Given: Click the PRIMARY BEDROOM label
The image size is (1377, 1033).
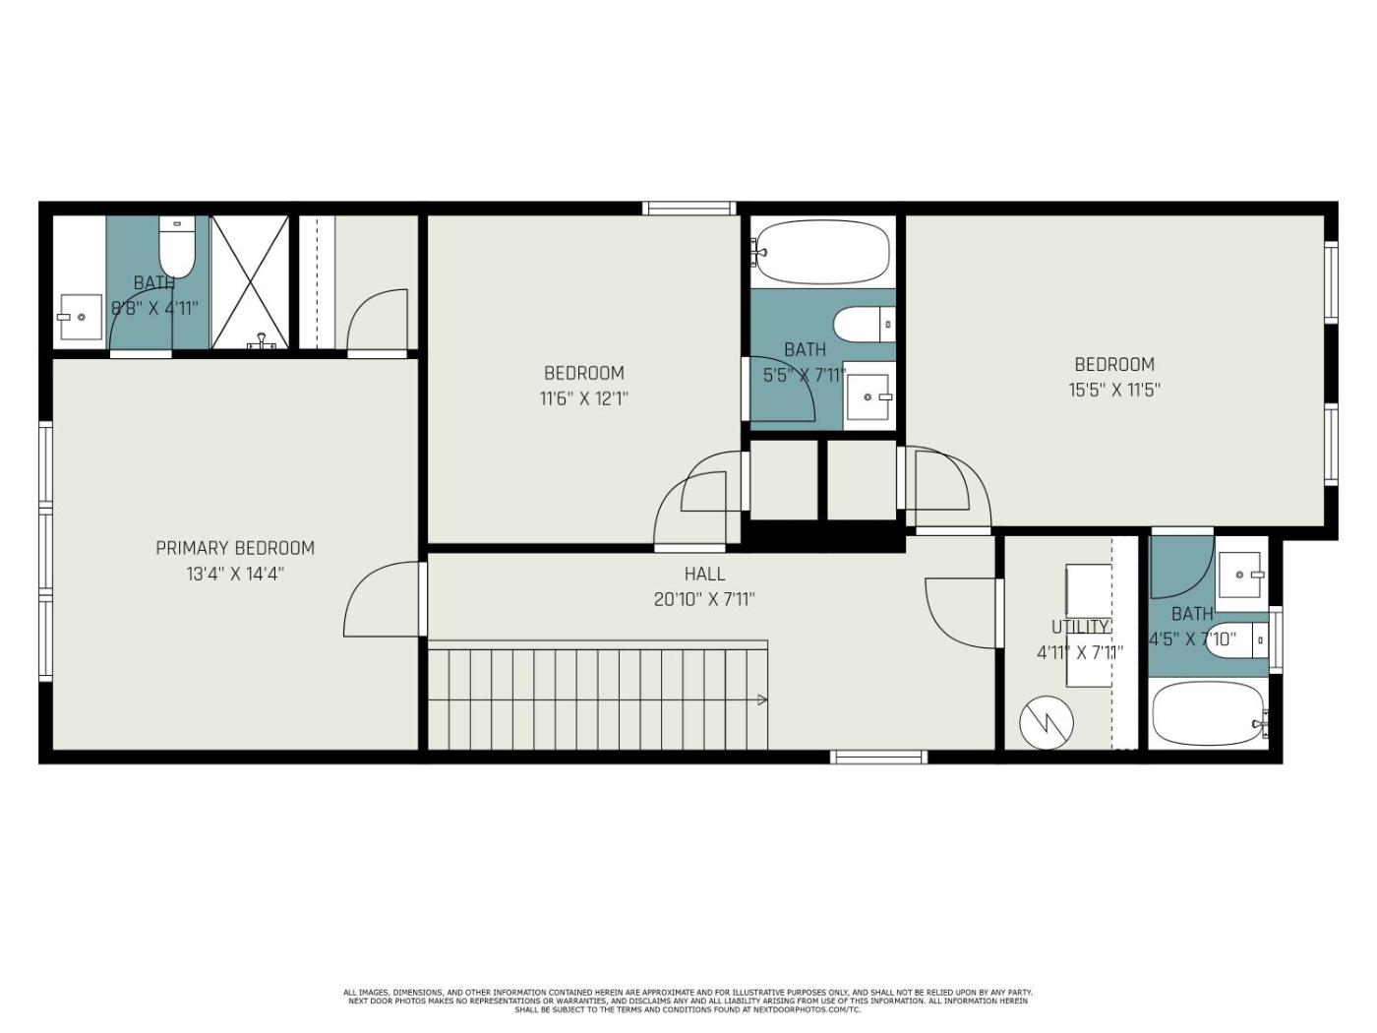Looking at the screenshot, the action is pos(235,548).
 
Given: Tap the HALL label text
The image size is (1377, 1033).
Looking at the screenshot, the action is pos(704,574).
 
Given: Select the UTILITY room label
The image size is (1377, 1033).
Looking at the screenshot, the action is pos(1080,628).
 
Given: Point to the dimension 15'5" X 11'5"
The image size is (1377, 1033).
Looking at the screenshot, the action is pos(1114,391).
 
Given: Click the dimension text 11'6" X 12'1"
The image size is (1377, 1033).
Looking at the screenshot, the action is pos(584,398).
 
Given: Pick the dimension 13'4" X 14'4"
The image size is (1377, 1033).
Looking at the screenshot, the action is pos(235,575).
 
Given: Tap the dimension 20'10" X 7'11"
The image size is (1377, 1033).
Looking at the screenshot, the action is pos(704,600).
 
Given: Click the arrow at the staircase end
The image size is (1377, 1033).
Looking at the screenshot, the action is pos(762,699).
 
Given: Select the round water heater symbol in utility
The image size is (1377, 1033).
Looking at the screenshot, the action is pos(1047,723).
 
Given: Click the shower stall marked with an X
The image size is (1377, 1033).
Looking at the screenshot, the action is pos(250,282).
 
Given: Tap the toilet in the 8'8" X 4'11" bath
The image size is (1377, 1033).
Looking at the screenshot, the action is pos(177,247).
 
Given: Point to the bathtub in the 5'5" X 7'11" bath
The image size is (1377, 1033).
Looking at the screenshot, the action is pos(823,252).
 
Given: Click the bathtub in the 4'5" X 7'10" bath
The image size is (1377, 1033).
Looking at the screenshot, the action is pos(1210,714).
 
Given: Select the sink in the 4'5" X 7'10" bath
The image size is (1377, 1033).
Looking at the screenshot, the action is pos(1240,575).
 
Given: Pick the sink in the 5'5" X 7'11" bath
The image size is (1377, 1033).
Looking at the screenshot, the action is pos(868,397).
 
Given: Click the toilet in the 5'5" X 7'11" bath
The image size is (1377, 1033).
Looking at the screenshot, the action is pos(864,325).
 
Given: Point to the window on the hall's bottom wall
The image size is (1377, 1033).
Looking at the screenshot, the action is pos(879,757).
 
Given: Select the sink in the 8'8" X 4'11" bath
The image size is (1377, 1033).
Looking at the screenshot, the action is pos(80,317).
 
